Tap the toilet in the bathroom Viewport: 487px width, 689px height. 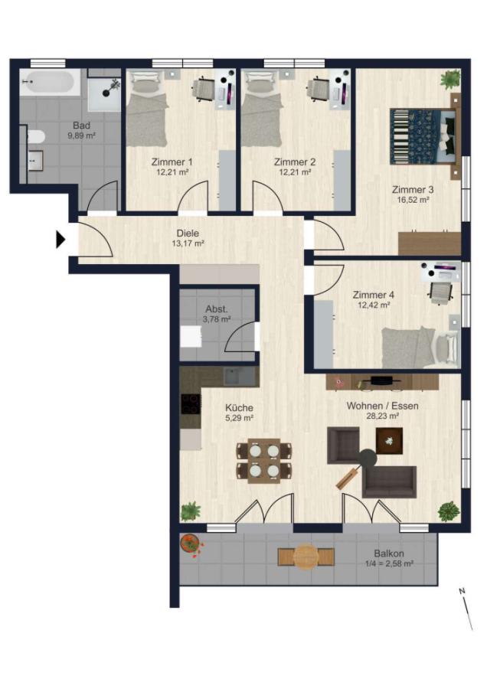[35, 137]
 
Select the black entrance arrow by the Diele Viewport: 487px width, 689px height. [60, 240]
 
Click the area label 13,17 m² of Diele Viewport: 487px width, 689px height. [188, 243]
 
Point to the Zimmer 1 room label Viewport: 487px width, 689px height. [172, 162]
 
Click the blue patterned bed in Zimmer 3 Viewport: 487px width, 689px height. [423, 137]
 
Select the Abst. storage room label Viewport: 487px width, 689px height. [217, 309]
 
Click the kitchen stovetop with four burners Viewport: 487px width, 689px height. [191, 403]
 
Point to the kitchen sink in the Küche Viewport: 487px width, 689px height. [239, 377]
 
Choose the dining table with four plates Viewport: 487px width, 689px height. [264, 461]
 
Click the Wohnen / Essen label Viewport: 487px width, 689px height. [382, 406]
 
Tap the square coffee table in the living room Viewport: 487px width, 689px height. [389, 441]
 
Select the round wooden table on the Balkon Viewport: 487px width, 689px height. [306, 557]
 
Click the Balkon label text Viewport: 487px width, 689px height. [389, 553]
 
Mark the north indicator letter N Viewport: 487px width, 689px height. [462, 591]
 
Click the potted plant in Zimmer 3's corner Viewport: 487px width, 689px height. [450, 80]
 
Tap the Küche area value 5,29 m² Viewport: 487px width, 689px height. [239, 418]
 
